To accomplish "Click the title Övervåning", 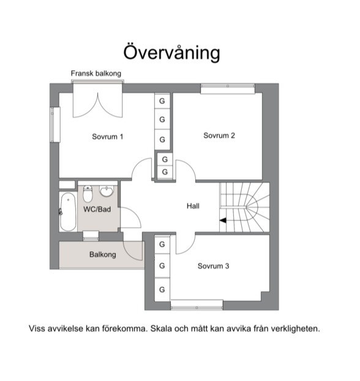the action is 172,53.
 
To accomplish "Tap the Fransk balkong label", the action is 96,74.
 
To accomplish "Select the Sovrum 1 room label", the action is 108,137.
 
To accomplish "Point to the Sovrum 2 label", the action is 219,135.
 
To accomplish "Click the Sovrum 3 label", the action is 213,266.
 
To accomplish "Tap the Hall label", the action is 193,206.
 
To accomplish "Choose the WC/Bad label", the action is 97,209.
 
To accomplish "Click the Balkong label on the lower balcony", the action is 102,255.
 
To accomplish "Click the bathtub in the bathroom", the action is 68,212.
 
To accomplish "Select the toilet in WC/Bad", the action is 88,194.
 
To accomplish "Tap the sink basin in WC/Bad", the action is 107,191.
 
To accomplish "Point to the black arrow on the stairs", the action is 223,221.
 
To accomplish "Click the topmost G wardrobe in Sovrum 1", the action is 162,101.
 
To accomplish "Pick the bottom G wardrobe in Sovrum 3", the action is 162,289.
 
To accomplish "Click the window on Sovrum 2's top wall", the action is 228,88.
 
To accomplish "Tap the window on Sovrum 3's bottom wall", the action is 197,305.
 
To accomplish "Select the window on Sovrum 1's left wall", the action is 55,124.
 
